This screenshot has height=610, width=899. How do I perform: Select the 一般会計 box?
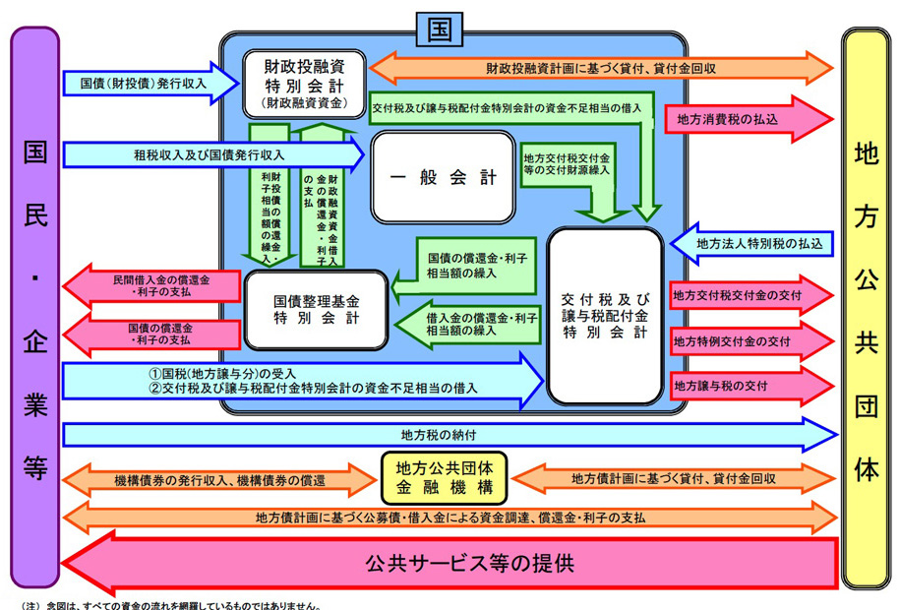point(442,177)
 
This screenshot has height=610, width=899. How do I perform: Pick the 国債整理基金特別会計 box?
point(317,310)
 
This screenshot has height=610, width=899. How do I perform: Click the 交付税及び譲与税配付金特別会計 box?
point(604,315)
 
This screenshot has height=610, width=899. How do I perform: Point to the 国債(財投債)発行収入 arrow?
point(148,85)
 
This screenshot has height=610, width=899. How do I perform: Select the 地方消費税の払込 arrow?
point(748,120)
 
